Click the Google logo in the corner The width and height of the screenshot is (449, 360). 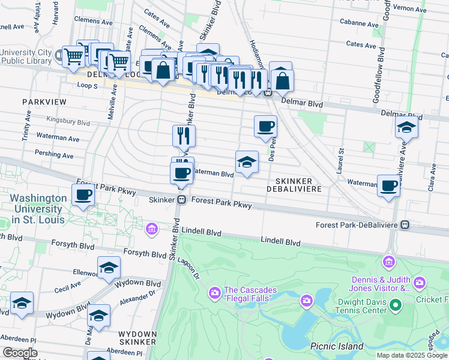20,353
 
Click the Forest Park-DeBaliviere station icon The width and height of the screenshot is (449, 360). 405,225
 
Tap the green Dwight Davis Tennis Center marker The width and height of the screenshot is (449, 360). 395,306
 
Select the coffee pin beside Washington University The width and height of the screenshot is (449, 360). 83,194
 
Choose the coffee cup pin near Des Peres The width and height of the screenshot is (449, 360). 265,126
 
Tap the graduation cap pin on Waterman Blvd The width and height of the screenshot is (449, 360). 247,162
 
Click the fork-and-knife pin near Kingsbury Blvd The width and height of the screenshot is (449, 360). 184,136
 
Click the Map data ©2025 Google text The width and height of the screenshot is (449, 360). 412,355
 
